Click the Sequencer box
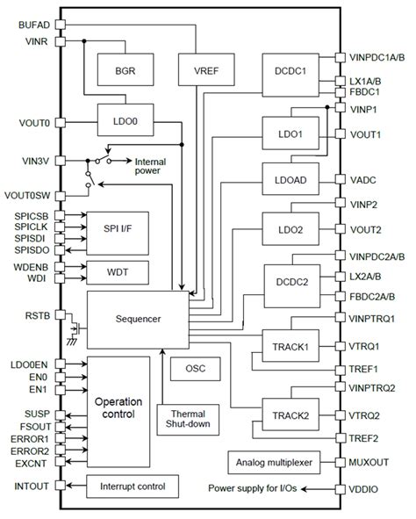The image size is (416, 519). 137,320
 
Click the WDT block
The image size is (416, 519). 117,273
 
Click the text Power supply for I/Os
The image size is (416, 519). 257,488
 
